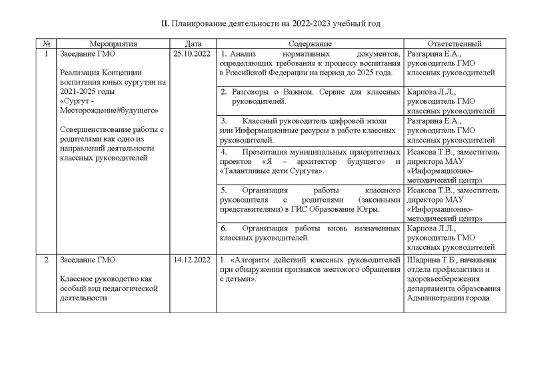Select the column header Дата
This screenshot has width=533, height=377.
pos(193,43)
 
